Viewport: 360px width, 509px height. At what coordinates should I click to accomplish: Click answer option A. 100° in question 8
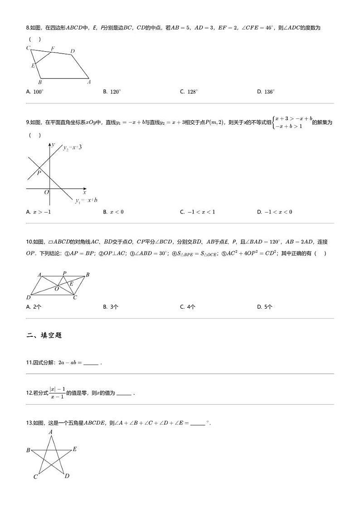tap(35, 92)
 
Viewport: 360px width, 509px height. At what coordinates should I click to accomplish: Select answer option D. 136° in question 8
tap(266, 92)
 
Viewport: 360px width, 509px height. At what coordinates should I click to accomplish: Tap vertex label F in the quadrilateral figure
tap(53, 48)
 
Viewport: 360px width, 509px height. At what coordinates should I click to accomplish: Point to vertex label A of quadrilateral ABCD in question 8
tap(89, 82)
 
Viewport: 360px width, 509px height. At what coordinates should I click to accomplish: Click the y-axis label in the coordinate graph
tap(53, 144)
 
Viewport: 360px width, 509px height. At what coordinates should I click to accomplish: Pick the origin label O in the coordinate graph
tap(46, 192)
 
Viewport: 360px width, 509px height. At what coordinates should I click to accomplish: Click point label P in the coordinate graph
tap(39, 173)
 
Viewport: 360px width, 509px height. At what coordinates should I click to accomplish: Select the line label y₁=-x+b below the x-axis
tap(86, 200)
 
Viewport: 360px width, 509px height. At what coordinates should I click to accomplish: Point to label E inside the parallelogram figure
tap(71, 284)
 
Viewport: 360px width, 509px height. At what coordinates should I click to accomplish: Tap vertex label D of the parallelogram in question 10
tap(29, 297)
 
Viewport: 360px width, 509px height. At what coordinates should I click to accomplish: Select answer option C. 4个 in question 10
tap(188, 307)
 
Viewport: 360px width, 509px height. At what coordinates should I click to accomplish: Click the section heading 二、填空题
tap(44, 335)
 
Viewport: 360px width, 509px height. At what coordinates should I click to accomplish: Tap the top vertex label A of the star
tap(50, 432)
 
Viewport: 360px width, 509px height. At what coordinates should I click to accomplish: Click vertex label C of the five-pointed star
tap(35, 477)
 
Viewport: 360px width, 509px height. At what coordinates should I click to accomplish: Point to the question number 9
tap(28, 122)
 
